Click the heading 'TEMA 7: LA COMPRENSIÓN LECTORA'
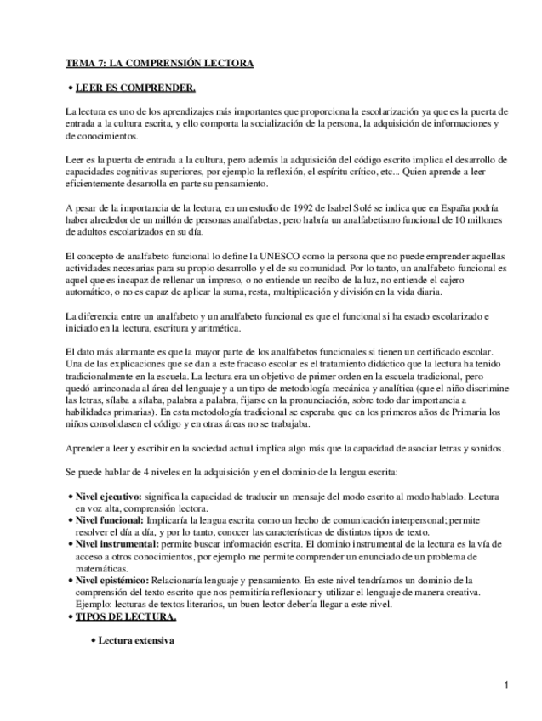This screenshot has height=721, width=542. (159, 63)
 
